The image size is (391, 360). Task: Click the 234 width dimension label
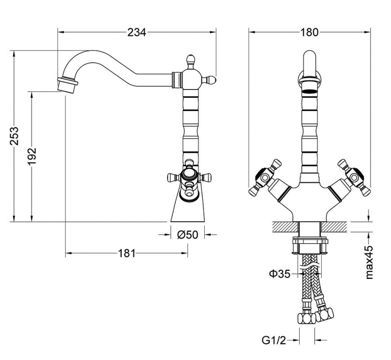pos(137,32)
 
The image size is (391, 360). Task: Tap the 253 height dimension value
pos(15,135)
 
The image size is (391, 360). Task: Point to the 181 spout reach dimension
pos(126,254)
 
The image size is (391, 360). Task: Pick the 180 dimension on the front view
pos(309,32)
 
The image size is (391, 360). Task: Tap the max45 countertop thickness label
pos(369,262)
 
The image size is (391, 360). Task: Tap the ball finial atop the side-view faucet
pos(191,60)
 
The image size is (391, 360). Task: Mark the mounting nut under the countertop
pos(310,245)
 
